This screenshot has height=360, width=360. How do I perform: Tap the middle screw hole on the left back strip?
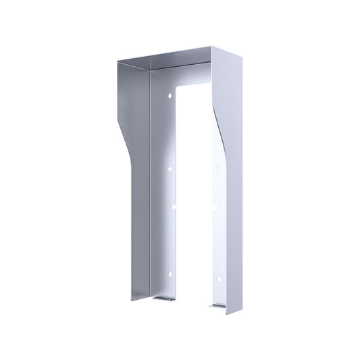pyautogui.click(x=170, y=168)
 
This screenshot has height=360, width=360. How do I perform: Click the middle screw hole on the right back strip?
pyautogui.click(x=219, y=166)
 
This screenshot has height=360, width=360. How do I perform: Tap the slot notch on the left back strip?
pyautogui.click(x=174, y=205)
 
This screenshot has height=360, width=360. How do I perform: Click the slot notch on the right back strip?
pyautogui.click(x=215, y=206)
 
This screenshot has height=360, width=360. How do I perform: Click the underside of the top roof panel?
pyautogui.click(x=179, y=64)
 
